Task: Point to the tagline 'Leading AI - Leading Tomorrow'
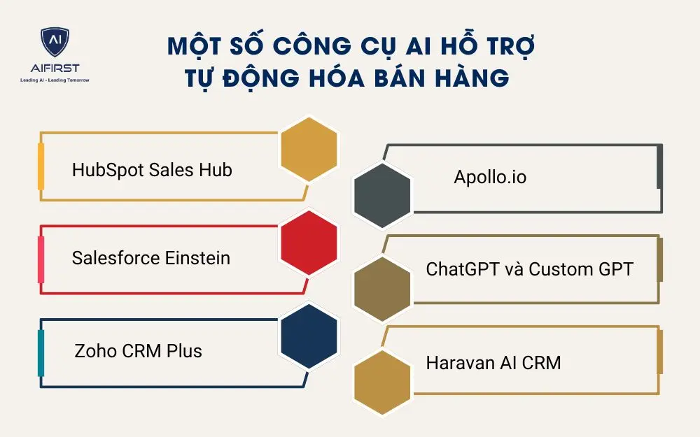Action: coord(55,80)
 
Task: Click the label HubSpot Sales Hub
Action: coord(152,170)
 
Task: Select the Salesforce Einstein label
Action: coord(150,258)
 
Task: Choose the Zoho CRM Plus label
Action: coord(138,350)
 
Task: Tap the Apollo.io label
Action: coord(490,178)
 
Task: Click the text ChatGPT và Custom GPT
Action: coord(529,269)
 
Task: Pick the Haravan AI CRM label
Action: coord(493,363)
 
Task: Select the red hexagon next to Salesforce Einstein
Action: coord(309,242)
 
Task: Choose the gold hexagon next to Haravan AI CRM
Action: coord(382,381)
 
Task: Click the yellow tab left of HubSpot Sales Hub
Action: coord(41,166)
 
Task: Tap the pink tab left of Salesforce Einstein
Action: coord(41,259)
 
